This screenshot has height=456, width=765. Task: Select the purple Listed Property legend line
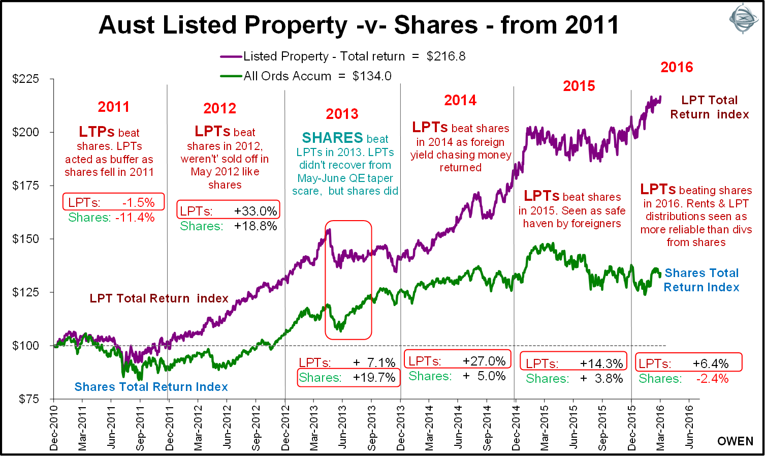(231, 56)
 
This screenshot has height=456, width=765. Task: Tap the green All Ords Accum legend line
(231, 76)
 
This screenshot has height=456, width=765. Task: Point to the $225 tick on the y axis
(25, 79)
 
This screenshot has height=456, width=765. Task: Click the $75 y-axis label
(28, 399)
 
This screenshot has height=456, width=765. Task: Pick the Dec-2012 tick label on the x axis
(285, 428)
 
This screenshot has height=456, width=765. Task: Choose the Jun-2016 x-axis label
(689, 428)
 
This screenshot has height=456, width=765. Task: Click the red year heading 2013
(342, 114)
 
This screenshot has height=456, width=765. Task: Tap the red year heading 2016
(677, 67)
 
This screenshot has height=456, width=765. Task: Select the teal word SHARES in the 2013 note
(332, 138)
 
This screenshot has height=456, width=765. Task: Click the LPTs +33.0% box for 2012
(229, 210)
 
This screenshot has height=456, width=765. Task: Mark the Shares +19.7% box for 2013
(347, 378)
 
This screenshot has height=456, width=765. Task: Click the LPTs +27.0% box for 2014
(457, 361)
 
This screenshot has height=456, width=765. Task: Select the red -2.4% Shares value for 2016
(712, 379)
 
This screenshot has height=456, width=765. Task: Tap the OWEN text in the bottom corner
(735, 441)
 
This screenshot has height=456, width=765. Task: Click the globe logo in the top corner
(743, 18)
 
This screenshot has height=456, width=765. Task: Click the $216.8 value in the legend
(446, 56)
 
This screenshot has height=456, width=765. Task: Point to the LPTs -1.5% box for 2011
(114, 202)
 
